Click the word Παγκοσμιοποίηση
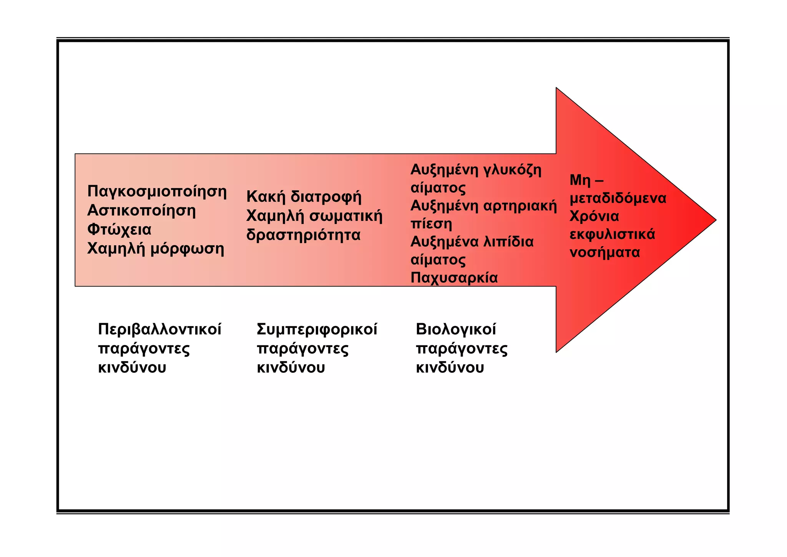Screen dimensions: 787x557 pyautogui.click(x=157, y=192)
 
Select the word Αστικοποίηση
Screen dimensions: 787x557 pyautogui.click(x=141, y=210)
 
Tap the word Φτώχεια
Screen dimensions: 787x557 pyautogui.click(x=119, y=230)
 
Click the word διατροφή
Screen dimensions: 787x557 pyautogui.click(x=326, y=197)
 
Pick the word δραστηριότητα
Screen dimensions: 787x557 pyautogui.click(x=303, y=235)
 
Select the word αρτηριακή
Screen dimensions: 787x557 pyautogui.click(x=520, y=206)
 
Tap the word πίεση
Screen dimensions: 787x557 pyautogui.click(x=431, y=224)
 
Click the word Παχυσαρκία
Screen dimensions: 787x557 pyautogui.click(x=454, y=278)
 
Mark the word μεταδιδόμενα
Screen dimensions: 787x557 pyautogui.click(x=618, y=198)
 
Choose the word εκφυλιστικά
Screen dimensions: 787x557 pyautogui.click(x=612, y=234)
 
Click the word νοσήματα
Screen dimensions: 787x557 pyautogui.click(x=604, y=252)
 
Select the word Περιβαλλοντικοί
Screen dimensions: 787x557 pyautogui.click(x=159, y=329)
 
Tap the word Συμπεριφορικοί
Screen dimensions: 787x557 pyautogui.click(x=317, y=329)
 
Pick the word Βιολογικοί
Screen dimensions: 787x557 pyautogui.click(x=456, y=329)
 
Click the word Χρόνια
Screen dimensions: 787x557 pyautogui.click(x=594, y=216)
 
